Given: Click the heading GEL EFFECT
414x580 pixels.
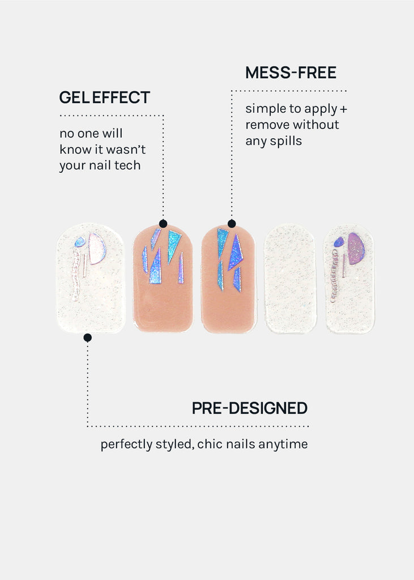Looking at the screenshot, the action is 105,97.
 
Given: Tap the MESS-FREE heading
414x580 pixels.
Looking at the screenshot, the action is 291,72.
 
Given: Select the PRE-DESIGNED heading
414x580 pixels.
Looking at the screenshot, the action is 250,408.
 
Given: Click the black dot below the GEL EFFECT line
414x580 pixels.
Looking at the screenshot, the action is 163,223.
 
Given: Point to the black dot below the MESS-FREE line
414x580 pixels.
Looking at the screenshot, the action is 232,223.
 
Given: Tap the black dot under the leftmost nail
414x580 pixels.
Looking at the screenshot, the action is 88,338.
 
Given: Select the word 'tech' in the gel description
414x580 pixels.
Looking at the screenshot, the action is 127,165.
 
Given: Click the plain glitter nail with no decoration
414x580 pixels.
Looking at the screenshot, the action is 290,278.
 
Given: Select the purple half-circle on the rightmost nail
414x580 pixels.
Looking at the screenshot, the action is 356,249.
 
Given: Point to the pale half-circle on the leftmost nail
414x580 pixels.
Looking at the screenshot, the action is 97,248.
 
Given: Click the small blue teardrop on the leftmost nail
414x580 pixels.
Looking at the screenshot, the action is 80,242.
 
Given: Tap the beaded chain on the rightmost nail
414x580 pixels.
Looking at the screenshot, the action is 335,276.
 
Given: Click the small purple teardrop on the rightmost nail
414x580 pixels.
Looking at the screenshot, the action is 339,242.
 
